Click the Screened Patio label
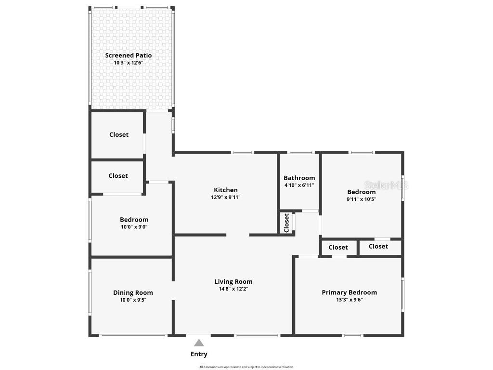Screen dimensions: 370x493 [x=129, y=55]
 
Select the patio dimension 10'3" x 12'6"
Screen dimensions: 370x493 [x=129, y=63]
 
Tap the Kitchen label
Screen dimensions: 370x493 [x=226, y=190]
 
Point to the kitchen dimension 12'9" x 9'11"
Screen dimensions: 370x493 [x=226, y=197]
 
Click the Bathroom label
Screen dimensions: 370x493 [x=299, y=178]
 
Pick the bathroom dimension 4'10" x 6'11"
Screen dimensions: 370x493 [x=299, y=185]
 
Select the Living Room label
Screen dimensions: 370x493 [x=233, y=282]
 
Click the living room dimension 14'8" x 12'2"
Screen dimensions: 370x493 [x=233, y=289]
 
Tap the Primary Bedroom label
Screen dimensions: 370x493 [x=349, y=292]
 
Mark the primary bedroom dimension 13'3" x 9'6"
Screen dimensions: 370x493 [x=349, y=300]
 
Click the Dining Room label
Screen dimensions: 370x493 [x=133, y=292]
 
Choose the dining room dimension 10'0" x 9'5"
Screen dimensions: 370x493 [x=133, y=300]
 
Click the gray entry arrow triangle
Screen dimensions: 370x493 [x=199, y=343]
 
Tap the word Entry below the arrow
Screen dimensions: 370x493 [x=199, y=354]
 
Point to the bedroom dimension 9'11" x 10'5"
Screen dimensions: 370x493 [x=362, y=199]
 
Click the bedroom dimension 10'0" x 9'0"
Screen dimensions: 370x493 [x=134, y=227]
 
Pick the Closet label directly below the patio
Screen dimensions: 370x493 [x=118, y=135]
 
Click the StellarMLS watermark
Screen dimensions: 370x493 [x=386, y=185]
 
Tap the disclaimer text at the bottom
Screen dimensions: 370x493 [x=246, y=367]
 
